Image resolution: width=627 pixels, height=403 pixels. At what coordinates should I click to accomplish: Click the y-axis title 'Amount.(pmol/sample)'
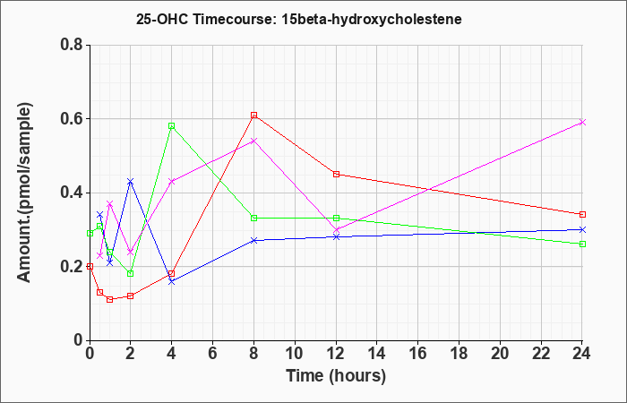coord(24,193)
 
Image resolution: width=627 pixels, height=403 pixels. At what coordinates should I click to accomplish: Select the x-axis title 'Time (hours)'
coord(336,376)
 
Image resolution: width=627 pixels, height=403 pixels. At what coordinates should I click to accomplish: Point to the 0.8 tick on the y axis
coord(72,45)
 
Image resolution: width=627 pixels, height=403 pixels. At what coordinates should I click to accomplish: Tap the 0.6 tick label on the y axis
coord(72,119)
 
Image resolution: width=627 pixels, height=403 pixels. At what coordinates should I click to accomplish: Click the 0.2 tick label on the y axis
coord(72,267)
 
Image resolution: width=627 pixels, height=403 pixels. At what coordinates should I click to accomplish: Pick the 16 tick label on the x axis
coord(418,353)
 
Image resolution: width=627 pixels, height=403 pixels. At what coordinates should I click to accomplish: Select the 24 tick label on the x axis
coord(582,353)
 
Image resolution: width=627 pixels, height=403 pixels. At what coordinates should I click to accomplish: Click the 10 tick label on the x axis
coord(295,353)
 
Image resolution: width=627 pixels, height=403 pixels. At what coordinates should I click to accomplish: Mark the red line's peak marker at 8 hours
coord(253,116)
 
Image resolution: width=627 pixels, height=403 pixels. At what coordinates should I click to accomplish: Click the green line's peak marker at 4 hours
coord(172,126)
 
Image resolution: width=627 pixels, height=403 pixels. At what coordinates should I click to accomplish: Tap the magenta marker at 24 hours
coord(582,123)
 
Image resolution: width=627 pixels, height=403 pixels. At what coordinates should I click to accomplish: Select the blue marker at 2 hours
coord(131,182)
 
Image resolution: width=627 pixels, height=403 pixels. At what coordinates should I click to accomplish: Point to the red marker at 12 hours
coord(336,174)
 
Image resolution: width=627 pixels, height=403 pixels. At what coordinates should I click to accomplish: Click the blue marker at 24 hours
coord(582,229)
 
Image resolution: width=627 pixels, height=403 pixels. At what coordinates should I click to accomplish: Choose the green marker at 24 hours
coord(582,244)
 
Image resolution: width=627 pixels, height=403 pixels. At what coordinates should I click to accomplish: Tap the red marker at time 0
coord(90,266)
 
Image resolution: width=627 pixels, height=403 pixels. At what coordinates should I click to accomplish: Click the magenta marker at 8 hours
coord(253,141)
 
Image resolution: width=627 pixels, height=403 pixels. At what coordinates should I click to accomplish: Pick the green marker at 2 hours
coord(131,273)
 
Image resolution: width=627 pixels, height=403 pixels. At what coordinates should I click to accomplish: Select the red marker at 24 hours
coord(582,214)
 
